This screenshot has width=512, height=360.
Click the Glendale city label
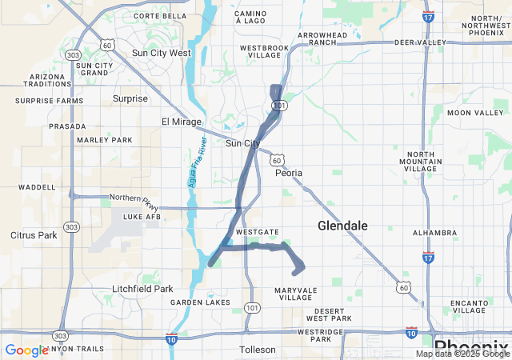click(342, 226)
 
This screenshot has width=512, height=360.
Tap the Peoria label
click(289, 173)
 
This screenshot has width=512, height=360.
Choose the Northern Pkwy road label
click(130, 198)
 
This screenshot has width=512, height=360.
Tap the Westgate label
click(258, 232)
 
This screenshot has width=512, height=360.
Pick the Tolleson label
click(258, 350)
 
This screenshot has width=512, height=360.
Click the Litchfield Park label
click(142, 289)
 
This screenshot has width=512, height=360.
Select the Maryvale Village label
click(296, 294)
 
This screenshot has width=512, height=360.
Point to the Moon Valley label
click(475, 113)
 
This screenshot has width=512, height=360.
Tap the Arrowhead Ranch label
click(324, 40)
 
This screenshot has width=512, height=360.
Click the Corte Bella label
click(159, 15)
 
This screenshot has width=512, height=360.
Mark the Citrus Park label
click(34, 235)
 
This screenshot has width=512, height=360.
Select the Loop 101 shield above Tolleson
click(253, 307)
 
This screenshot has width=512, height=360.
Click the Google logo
click(26, 350)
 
